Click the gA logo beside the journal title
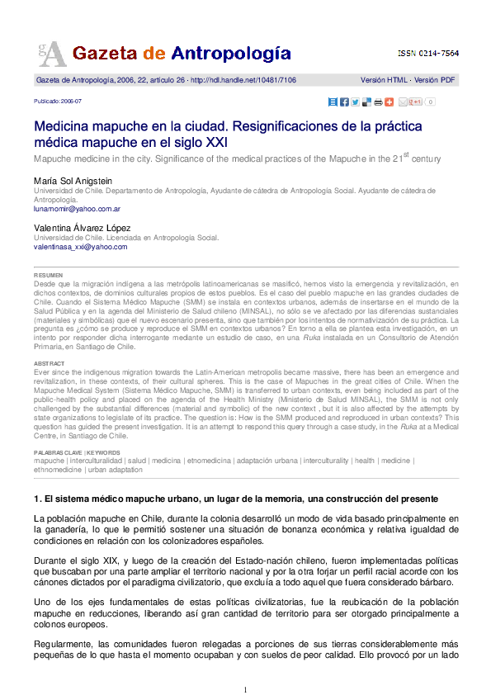click(x=50, y=53)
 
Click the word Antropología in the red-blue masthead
click(x=231, y=54)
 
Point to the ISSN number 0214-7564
click(x=438, y=53)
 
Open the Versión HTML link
click(x=385, y=80)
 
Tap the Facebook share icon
click(x=343, y=102)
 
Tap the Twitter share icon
click(x=354, y=102)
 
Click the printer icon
click(x=377, y=102)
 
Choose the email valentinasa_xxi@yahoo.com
click(x=81, y=246)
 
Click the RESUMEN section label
click(x=47, y=275)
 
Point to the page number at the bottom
click(x=245, y=688)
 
